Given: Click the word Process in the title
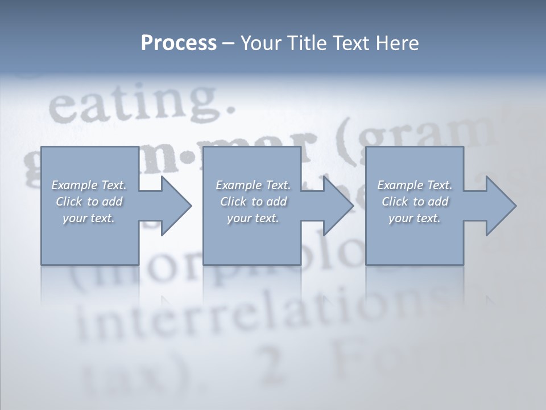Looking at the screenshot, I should pyautogui.click(x=179, y=43).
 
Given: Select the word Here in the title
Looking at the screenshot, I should pyautogui.click(x=396, y=43).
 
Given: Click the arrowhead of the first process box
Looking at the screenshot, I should pyautogui.click(x=176, y=206).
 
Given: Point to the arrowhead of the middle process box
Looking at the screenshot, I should pyautogui.click(x=338, y=206).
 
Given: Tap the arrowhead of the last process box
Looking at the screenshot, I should pyautogui.click(x=500, y=206).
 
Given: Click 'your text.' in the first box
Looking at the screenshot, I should pyautogui.click(x=89, y=218).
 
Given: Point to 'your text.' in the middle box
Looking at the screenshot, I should pyautogui.click(x=253, y=218).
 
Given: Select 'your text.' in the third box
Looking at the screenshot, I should pyautogui.click(x=415, y=218).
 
